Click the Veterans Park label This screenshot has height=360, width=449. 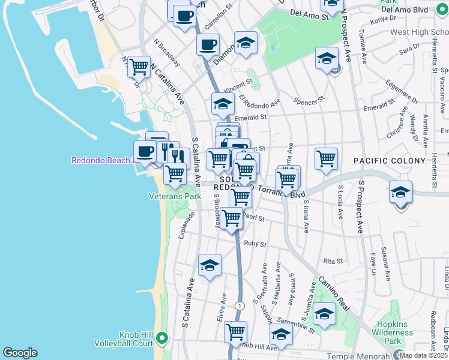pos(175,196)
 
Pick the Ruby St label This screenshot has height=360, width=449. pos(255,244)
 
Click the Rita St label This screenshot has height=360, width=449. pos(333,261)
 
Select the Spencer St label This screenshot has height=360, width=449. pos(310,99)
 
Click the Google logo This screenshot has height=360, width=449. pos(20,353)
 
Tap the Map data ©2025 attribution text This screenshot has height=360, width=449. pos(424,355)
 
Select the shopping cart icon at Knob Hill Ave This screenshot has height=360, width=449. pos(235,331)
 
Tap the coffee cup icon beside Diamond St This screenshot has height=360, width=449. pos(208,44)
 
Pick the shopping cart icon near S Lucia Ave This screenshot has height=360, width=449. pos(326,159)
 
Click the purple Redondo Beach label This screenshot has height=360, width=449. pos(100,160)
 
